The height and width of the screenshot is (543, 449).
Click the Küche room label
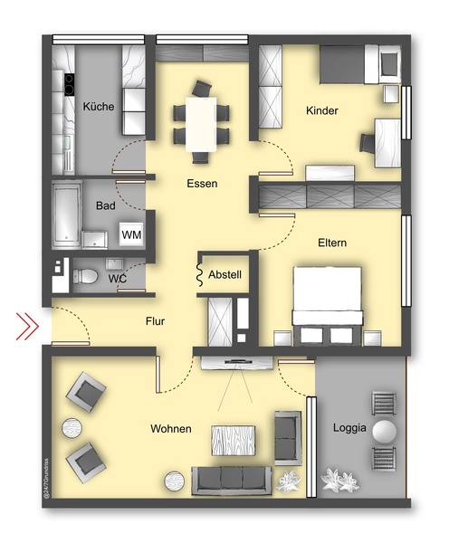tap(99, 106)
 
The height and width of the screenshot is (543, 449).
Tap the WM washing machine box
tap(131, 234)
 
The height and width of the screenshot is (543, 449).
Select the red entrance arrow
tap(27, 326)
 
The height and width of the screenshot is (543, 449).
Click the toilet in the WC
tap(85, 276)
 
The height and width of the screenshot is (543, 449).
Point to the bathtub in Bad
tap(66, 215)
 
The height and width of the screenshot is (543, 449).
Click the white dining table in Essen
tap(201, 124)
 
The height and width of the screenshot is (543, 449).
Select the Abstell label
tap(224, 274)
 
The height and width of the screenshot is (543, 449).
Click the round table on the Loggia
tap(384, 432)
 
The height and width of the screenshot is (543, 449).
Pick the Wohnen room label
tap(171, 429)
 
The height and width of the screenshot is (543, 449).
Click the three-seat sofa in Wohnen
tap(232, 480)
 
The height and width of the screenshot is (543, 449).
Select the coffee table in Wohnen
tap(234, 441)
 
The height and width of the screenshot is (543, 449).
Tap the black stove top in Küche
tap(70, 84)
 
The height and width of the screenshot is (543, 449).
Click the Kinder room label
tap(322, 110)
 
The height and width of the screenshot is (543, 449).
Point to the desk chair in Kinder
tap(367, 142)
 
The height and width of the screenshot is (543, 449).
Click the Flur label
tap(155, 321)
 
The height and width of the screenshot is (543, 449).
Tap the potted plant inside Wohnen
tap(288, 481)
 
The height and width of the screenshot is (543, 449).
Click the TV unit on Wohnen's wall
tap(237, 363)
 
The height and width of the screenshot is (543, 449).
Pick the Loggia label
tap(349, 428)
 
